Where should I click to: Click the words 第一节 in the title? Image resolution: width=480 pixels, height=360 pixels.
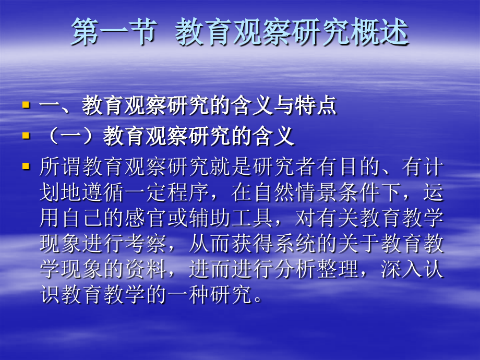[113, 33]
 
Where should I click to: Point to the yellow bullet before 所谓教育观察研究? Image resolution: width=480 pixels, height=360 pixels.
[26, 166]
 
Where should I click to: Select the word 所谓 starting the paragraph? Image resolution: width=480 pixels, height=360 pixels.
[60, 168]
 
